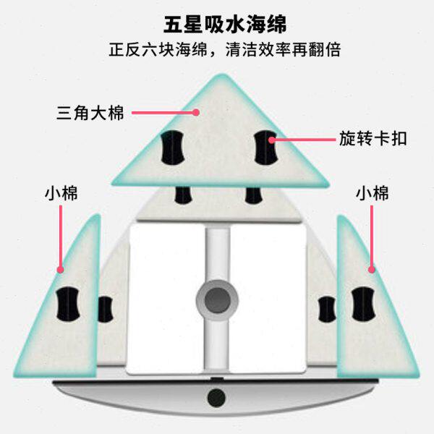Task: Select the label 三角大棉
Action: pos(91,114)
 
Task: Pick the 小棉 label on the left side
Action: pos(61,193)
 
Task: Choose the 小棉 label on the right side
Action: pos(373,193)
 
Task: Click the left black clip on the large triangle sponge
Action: pos(172,147)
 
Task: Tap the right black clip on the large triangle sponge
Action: pos(266,147)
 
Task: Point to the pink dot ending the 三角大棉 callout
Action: pos(196,113)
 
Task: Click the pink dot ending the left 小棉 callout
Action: pos(61,269)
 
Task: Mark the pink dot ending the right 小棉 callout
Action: pos(372,269)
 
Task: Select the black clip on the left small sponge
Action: pos(70,302)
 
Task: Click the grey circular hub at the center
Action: pos(216,299)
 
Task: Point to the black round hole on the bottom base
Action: pos(216,396)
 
